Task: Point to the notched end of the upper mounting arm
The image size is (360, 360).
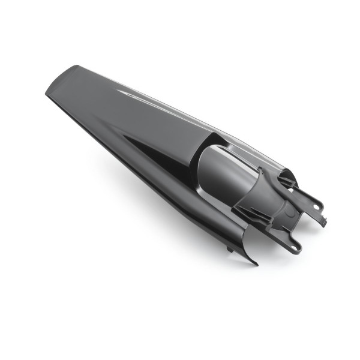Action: (x=323, y=220)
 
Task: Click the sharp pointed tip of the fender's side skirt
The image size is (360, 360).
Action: (x=256, y=263)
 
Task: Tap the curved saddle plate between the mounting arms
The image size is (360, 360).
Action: (x=282, y=213)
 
